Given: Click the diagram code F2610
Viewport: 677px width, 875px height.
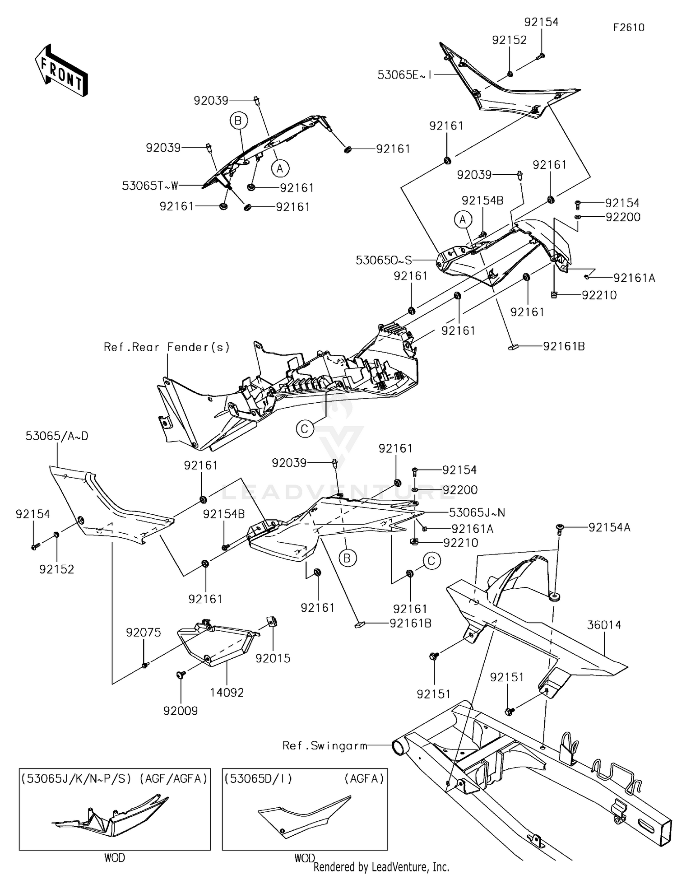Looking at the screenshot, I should [x=629, y=28].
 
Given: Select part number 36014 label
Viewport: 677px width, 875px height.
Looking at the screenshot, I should [x=604, y=625].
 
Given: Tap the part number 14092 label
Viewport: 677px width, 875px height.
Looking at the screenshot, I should [x=227, y=692].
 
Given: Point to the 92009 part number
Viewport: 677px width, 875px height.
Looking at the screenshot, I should [x=181, y=711].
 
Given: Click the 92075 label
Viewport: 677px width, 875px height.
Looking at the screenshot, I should [x=143, y=633].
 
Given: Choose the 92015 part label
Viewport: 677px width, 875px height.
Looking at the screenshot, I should [x=273, y=658].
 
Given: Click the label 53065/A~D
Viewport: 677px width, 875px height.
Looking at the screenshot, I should [x=57, y=436].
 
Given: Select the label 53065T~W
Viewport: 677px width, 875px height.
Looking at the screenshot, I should [x=150, y=186].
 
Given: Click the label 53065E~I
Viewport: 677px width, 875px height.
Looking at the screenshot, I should [x=404, y=75].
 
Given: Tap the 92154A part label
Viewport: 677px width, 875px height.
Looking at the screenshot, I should [x=609, y=527].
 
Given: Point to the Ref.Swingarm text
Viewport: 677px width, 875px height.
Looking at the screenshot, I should [x=325, y=745].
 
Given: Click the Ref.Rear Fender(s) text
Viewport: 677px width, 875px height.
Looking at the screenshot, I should [x=167, y=347].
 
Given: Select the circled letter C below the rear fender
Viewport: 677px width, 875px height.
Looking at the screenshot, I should [x=305, y=428].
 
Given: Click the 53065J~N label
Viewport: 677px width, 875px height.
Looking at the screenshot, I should [x=477, y=512].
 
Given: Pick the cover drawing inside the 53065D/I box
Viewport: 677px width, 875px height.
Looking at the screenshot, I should [x=303, y=815].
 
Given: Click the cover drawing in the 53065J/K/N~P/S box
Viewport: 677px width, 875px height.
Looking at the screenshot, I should [x=111, y=816].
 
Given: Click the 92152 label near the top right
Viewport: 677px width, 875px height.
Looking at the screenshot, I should [x=509, y=40].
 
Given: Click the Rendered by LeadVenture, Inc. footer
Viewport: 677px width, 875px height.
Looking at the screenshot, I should [x=381, y=867].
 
